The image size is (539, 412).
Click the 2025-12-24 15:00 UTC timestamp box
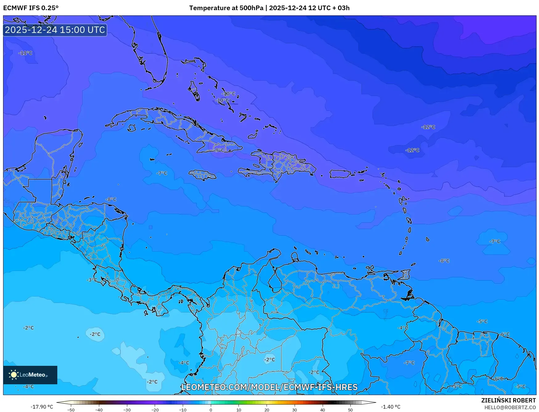55,30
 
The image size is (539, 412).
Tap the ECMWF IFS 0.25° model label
31,8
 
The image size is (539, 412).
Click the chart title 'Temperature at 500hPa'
226,8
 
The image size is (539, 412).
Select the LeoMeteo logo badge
30,375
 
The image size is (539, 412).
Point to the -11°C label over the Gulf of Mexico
25,53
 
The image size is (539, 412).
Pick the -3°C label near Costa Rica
92,280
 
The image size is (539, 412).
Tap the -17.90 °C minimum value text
42,407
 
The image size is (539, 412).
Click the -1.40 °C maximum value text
390,407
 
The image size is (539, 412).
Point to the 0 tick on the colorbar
211,410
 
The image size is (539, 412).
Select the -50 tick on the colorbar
71,410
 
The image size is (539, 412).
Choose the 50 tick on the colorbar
350,410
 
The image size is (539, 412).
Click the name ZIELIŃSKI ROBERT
508,400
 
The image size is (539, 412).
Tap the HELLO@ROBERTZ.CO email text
510,407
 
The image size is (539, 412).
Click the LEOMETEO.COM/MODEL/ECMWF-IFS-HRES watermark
269,387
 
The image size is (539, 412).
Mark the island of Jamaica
202,175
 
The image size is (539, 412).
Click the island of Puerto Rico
340,174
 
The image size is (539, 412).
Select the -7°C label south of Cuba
161,173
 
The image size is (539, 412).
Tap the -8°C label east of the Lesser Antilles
444,261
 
